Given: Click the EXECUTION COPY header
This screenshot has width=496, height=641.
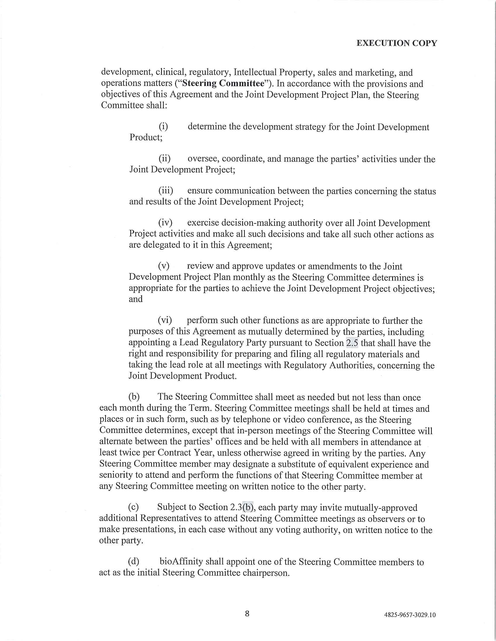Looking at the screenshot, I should tap(397, 43).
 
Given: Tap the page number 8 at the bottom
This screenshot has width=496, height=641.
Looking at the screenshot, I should tap(247, 613).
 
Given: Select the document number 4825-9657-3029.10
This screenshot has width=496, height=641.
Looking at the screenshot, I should tap(410, 615).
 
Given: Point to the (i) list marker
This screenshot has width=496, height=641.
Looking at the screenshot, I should tap(163, 126).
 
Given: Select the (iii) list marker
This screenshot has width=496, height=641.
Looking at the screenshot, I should tap(166, 191).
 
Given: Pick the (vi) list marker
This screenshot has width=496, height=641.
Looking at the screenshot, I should tap(165, 320).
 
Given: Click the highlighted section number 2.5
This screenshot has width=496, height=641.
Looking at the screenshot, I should tap(352, 343).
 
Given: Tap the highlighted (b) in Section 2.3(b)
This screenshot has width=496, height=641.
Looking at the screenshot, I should tap(248, 507).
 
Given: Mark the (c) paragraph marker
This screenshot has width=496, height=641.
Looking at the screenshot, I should tap(133, 507).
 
